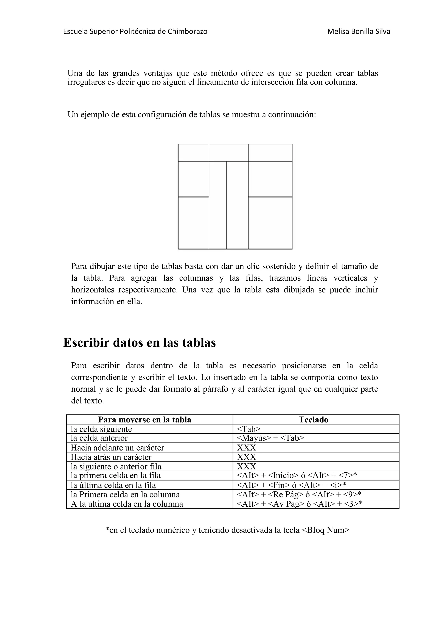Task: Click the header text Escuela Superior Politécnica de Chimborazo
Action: coord(135,31)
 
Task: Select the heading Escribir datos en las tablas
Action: coord(139,343)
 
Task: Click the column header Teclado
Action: coord(313,420)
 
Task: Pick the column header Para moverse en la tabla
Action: coord(144,420)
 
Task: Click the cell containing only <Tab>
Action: coord(249,429)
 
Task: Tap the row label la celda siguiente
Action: coord(101,429)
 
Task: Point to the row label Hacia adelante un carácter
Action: coord(117,448)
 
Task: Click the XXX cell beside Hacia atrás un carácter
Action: coord(247,457)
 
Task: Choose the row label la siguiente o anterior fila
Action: coord(116,466)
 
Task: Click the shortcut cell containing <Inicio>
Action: coord(297,475)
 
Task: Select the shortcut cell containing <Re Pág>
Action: coord(299,494)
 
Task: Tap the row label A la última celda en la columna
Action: coord(127,504)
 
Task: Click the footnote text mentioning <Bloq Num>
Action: coord(227,530)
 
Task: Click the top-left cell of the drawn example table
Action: coord(193,153)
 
